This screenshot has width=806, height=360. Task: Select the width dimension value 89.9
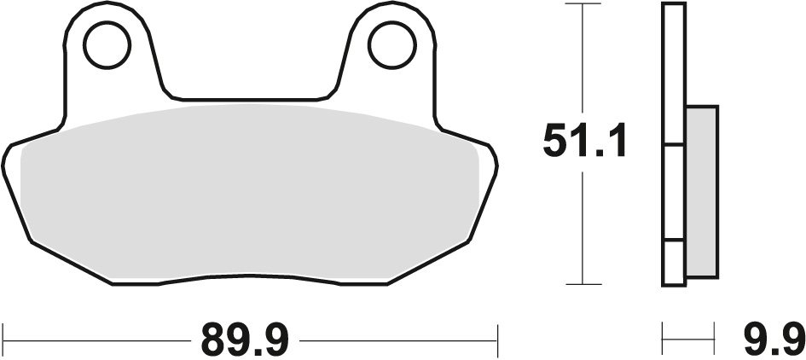246,340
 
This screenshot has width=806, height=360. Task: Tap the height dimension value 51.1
585,142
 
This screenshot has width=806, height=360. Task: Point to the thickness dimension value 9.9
771,340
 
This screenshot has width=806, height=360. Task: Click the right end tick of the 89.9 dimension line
497,340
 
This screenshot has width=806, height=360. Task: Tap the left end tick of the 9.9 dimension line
664,340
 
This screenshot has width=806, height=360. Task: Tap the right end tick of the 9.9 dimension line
714,340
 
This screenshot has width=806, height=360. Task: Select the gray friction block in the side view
701,191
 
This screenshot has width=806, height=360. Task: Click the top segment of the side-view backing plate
674,73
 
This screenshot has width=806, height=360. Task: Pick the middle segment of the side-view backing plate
674,191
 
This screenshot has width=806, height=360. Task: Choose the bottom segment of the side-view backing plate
674,262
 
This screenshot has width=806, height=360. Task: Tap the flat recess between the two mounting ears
247,95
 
